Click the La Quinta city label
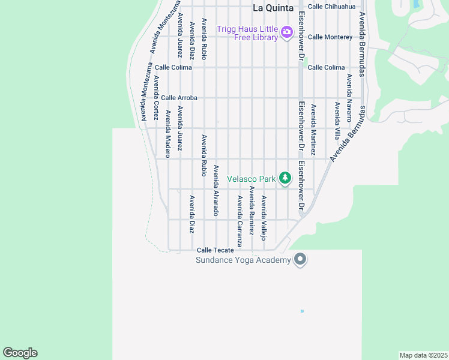tap(273, 8)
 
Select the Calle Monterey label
tap(330, 37)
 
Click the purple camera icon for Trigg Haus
tap(286, 32)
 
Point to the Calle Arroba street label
tap(179, 98)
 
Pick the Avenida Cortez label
tap(155, 96)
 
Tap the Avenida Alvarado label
tap(216, 190)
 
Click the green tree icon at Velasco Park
tap(285, 178)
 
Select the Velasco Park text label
tap(252, 179)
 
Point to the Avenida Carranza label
tap(240, 221)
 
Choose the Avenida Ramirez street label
tap(252, 210)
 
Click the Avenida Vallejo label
tap(264, 217)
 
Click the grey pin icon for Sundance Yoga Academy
tap(301, 260)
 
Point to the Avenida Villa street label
tap(337, 120)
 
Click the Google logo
tap(20, 353)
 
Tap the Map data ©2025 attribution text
tap(424, 355)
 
